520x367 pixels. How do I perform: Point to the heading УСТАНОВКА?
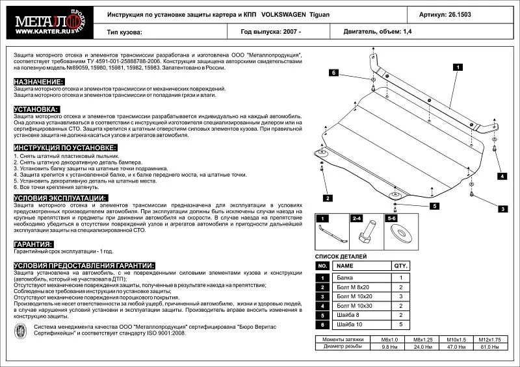(x=36, y=109)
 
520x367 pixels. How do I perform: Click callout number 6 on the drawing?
(x=332, y=73)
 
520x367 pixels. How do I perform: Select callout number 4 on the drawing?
(x=502, y=176)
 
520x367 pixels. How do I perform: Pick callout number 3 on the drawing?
(x=502, y=209)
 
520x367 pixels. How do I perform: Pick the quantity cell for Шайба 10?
(x=400, y=323)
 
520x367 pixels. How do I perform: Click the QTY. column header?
(x=400, y=266)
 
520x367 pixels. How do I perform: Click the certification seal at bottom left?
(x=21, y=331)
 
